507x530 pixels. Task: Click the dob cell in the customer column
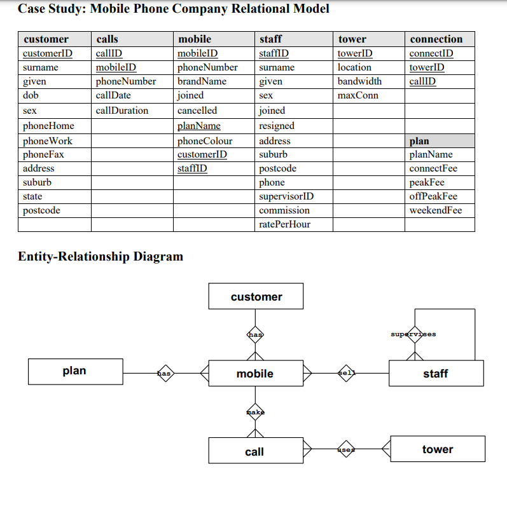tap(31, 95)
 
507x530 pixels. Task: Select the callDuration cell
tap(122, 111)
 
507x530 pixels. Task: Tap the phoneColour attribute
tap(205, 141)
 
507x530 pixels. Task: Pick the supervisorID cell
tap(286, 196)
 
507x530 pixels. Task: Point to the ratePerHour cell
tap(285, 224)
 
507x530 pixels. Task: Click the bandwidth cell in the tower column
tap(359, 81)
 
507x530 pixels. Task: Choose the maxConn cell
tap(358, 95)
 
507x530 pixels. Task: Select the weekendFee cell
tap(436, 210)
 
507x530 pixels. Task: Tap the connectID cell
tap(431, 53)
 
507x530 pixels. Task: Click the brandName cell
tap(202, 81)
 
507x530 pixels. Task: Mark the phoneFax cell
tap(43, 154)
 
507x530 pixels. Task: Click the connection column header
tap(436, 39)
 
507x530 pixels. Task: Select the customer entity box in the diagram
tap(256, 297)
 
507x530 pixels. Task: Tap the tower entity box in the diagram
tap(437, 449)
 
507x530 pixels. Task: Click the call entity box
tap(254, 452)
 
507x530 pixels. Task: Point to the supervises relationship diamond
tap(414, 334)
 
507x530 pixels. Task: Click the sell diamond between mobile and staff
tap(346, 373)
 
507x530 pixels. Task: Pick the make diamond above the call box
tap(254, 412)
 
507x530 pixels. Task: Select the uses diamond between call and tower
tap(346, 449)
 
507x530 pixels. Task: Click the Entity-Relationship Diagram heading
tap(101, 257)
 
